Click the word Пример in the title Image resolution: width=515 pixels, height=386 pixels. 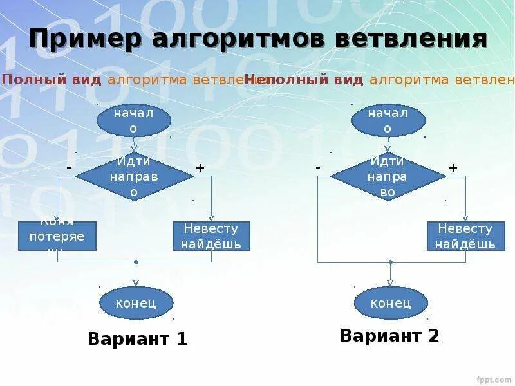point(85,39)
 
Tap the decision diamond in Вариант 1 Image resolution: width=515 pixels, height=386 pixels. point(135,176)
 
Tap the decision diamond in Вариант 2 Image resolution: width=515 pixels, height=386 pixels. point(388,176)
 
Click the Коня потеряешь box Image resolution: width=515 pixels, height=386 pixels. point(57,236)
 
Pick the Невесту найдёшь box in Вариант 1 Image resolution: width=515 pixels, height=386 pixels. point(211,236)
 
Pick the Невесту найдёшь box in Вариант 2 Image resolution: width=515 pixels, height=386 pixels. point(465,236)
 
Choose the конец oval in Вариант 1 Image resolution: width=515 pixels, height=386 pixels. point(136,303)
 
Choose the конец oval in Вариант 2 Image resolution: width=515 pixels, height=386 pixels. point(391,303)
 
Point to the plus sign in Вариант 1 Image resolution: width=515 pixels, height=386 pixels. point(200,167)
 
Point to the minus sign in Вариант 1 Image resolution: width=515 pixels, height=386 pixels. point(68,167)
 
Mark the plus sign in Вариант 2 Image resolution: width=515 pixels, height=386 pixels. point(453,167)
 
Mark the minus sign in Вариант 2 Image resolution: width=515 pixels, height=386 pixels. point(318,167)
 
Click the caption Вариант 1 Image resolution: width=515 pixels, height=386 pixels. point(137,338)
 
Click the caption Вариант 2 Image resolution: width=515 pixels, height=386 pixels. point(389,335)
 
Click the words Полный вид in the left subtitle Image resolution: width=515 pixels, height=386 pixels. point(51,80)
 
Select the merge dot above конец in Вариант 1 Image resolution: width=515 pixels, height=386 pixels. point(136,262)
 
